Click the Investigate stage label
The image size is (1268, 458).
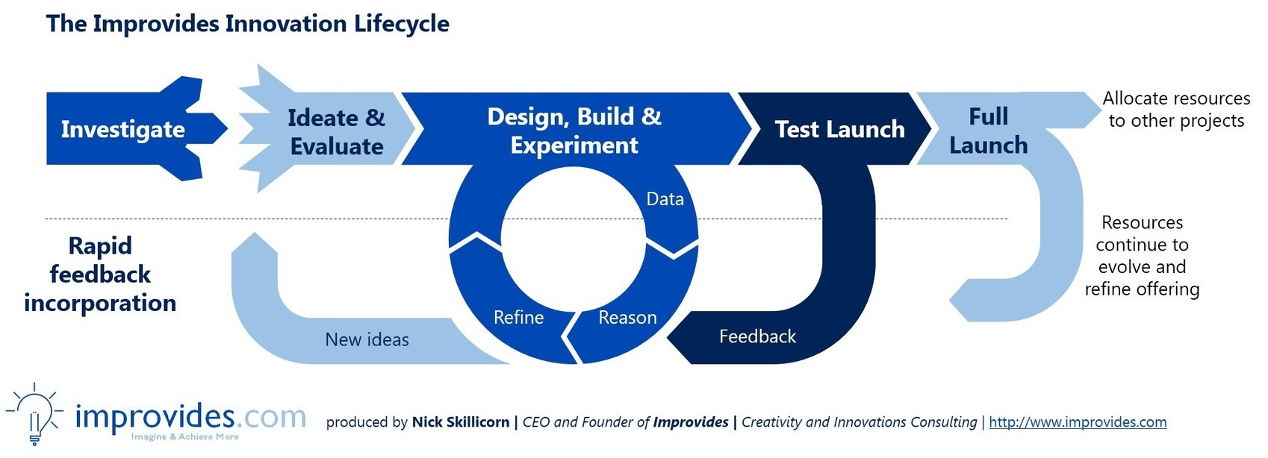(x=122, y=130)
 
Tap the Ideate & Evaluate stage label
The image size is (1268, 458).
(x=336, y=132)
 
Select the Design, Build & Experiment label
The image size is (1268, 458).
(x=574, y=131)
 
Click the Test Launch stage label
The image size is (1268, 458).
(x=839, y=130)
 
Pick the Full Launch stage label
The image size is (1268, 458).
(x=989, y=131)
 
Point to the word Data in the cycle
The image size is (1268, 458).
(x=665, y=199)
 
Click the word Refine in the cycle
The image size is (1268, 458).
(x=518, y=317)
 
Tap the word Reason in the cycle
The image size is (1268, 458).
(x=628, y=317)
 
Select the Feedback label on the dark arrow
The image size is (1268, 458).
(x=757, y=336)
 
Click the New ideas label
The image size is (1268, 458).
(x=367, y=339)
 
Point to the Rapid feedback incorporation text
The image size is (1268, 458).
(x=100, y=275)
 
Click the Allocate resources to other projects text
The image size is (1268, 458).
(x=1176, y=109)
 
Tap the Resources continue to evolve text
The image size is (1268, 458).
(x=1142, y=256)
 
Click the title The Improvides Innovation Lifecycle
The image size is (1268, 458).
(x=247, y=24)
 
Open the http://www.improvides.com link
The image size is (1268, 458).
(x=1078, y=421)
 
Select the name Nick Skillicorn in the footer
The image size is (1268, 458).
(x=460, y=421)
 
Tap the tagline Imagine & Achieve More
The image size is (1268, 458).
(x=185, y=436)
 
